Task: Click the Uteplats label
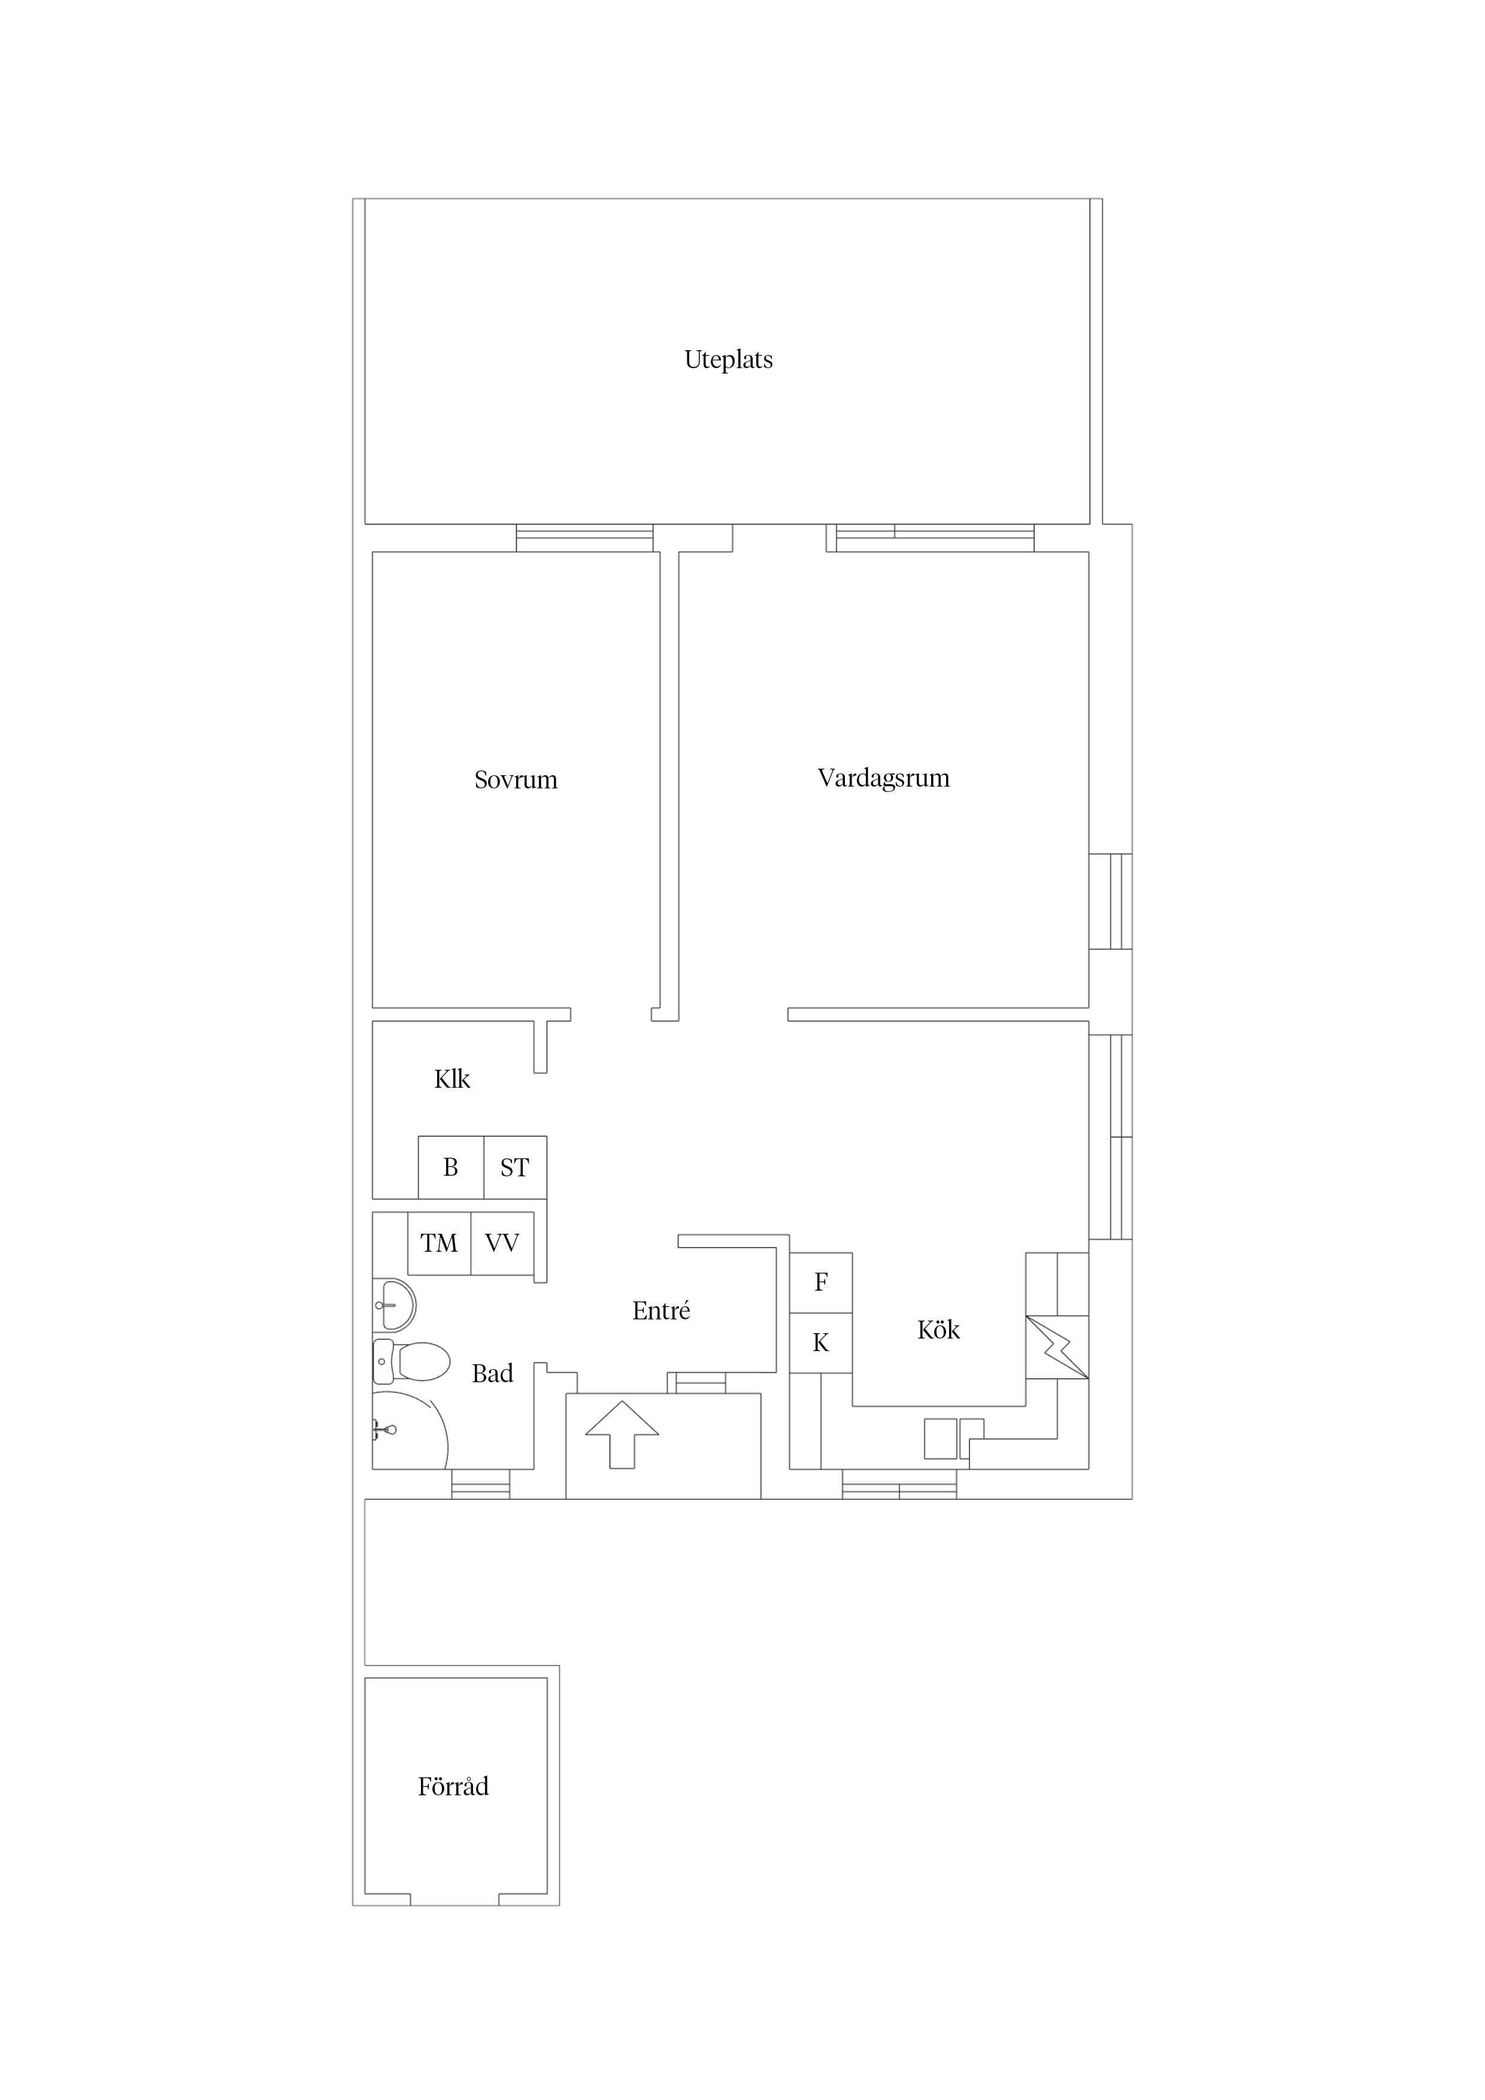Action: pos(728,359)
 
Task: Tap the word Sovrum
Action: pos(515,779)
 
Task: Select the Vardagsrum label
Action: pos(883,778)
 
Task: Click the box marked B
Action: pos(451,1167)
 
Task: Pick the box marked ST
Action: pos(515,1167)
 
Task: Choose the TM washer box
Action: pos(439,1243)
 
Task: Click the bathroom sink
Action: pos(395,1305)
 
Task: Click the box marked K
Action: pos(821,1343)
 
